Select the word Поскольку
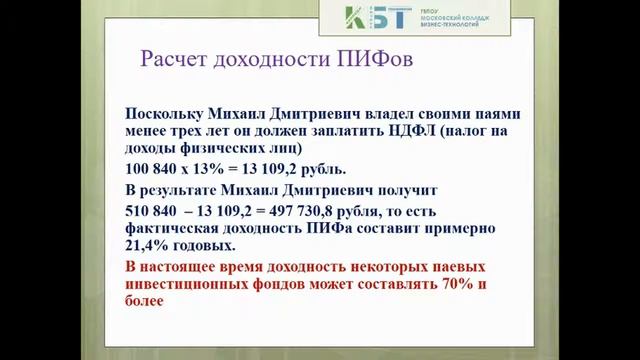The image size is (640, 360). coord(166,113)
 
